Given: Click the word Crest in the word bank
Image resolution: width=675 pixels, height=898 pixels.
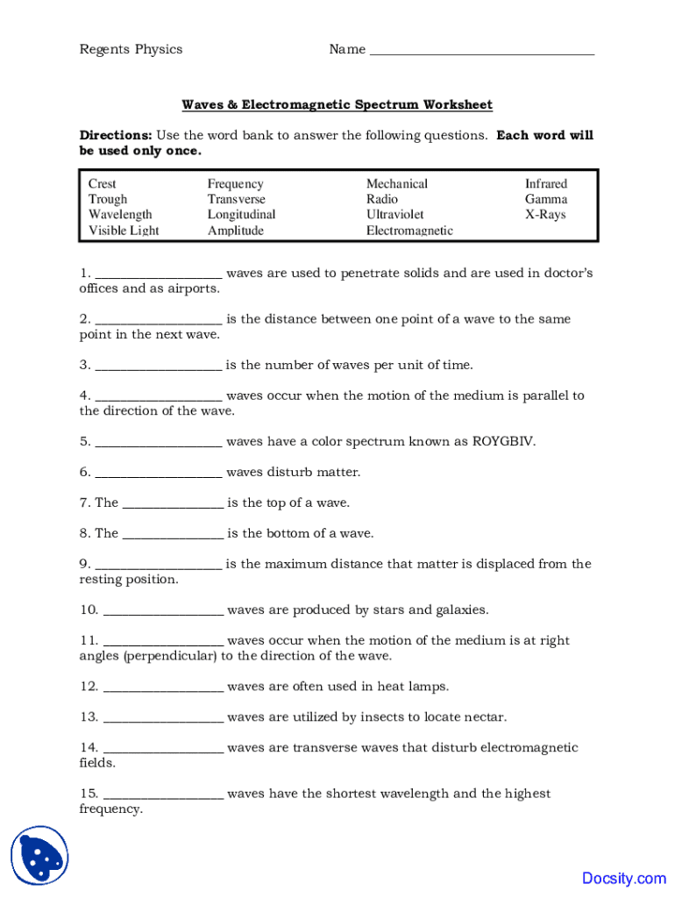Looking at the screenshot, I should coord(103,184).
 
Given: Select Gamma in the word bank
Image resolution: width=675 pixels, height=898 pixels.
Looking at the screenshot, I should coord(546,199).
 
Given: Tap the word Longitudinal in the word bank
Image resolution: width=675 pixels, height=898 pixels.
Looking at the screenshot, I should coord(241,215).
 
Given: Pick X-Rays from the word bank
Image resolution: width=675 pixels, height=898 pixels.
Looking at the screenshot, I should coord(545,215).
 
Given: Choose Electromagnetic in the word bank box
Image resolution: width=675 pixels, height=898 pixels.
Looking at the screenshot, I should coord(409,231).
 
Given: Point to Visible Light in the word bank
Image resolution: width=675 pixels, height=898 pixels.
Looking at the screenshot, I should coord(124,231).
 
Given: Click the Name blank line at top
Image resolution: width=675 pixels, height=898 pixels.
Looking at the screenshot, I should coord(482,51).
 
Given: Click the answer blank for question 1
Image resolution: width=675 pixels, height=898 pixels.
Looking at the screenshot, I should coord(158,274).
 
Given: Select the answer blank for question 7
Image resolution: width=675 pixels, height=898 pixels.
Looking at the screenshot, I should coord(173,504).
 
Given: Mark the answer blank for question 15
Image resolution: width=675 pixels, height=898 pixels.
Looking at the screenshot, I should coord(163,795).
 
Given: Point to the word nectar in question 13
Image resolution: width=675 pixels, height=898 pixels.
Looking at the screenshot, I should coord(485,717).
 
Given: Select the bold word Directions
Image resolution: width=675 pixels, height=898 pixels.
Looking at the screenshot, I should coord(116,136).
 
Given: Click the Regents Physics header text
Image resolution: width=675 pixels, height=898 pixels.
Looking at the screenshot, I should coord(131,49).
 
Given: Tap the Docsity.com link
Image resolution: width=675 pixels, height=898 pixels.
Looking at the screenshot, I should coord(623,878).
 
